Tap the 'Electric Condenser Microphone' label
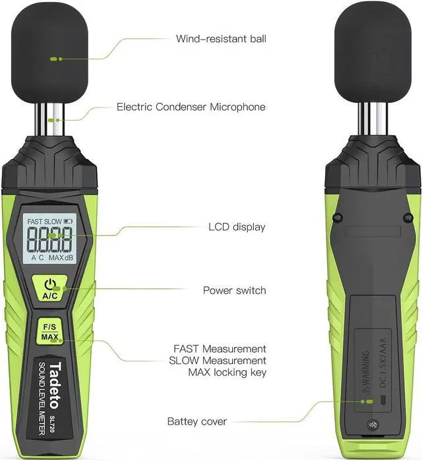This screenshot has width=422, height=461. [x=191, y=106]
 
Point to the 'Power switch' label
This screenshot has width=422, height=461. [x=234, y=290]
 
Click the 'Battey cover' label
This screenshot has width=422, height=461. [x=197, y=421]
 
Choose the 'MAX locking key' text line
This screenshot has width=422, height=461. [x=218, y=373]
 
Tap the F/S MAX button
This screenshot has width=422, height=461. [x=50, y=332]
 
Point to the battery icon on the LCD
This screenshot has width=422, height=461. [x=69, y=222]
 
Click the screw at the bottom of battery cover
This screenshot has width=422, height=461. [x=375, y=424]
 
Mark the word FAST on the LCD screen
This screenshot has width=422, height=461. [x=37, y=222]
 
